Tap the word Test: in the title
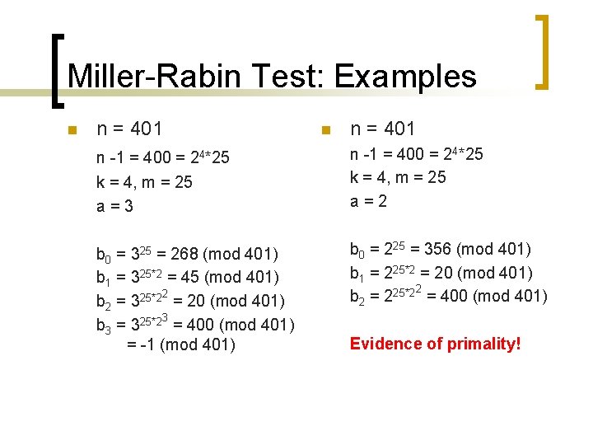tap(287, 77)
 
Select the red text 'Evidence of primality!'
tap(436, 344)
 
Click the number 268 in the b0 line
tap(182, 255)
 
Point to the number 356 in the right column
tap(437, 250)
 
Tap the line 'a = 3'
tap(115, 205)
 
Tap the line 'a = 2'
tap(369, 200)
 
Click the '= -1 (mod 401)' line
tap(181, 345)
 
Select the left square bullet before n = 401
tap(72, 130)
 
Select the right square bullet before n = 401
tap(325, 130)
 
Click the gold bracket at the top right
tap(543, 51)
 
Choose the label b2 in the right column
tap(358, 297)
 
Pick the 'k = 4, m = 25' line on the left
tap(144, 182)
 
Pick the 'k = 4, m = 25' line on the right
tap(398, 177)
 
